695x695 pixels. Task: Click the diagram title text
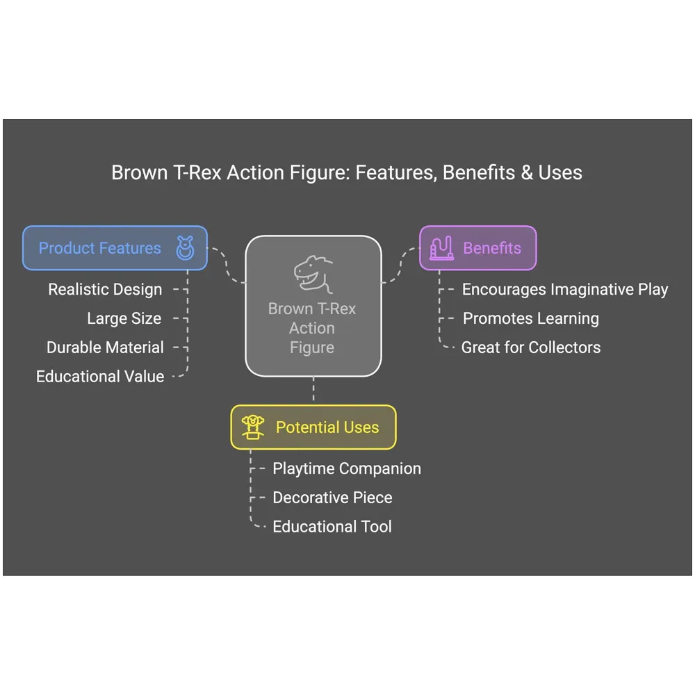coord(347,172)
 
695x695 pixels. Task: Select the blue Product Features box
coord(115,248)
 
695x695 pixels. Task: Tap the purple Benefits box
coord(477,248)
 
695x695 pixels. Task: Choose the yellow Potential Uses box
coord(313,427)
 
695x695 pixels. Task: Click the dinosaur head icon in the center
coord(313,274)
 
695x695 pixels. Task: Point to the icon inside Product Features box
coord(185,248)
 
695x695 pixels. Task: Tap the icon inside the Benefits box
coord(441,248)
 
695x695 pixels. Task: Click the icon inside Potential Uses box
coord(252,427)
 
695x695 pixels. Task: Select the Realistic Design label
coord(105,289)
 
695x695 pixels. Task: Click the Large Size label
coord(124,318)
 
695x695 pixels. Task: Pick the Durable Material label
coord(105,347)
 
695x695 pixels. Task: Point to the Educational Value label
coord(100,377)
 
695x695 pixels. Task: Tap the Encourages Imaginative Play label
coord(565,289)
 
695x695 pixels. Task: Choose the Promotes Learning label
coord(531,318)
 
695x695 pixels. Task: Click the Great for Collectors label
coord(531,347)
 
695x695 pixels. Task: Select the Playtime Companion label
coord(346,468)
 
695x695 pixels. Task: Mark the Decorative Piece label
coord(332,498)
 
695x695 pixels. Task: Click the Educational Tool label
coord(332,527)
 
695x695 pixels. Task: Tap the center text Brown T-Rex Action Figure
coord(312,328)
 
